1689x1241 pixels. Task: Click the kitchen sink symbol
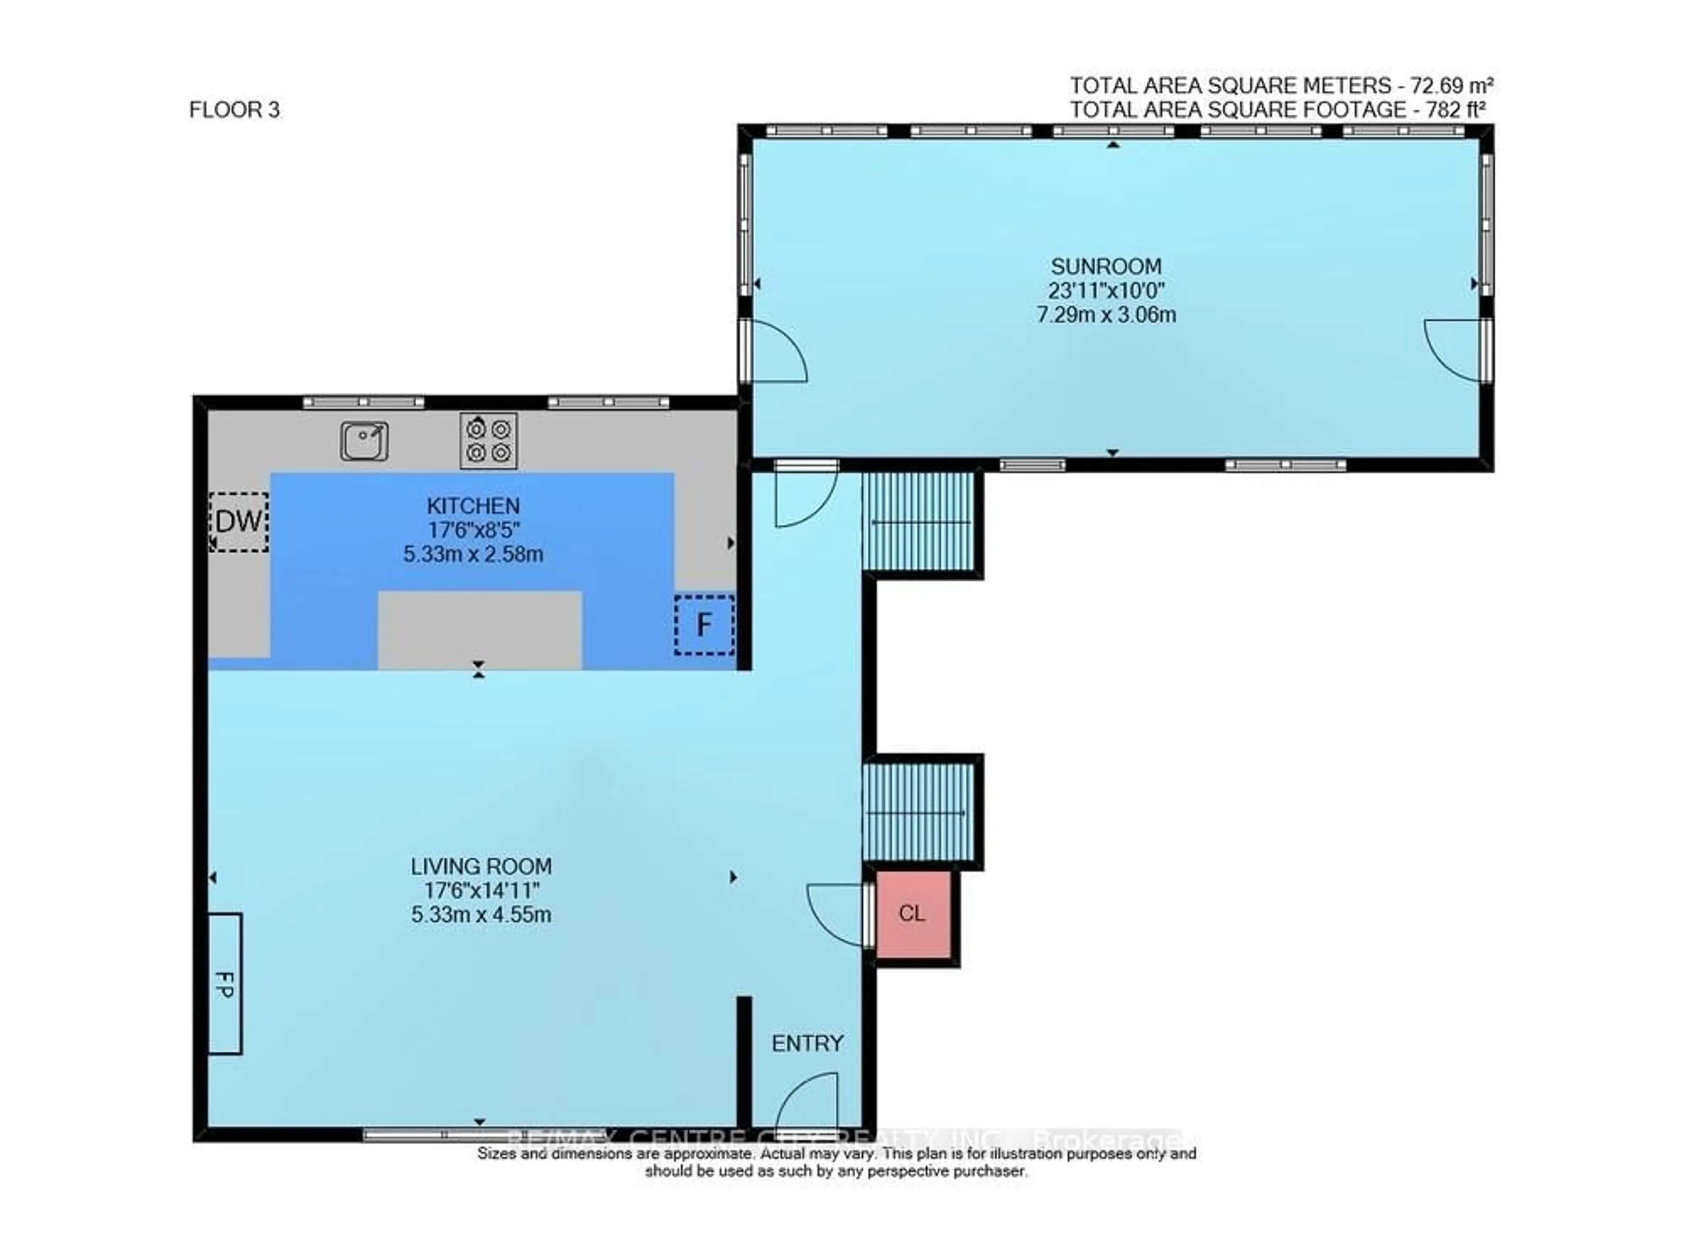point(364,440)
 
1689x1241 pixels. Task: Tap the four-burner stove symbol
point(488,440)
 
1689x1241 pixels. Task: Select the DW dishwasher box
point(239,522)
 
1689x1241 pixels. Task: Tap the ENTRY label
point(807,1044)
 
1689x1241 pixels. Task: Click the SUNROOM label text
point(1106,266)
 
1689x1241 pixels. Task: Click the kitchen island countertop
point(479,629)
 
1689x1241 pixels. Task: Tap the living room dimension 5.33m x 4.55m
point(481,915)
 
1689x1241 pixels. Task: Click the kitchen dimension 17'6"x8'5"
point(473,530)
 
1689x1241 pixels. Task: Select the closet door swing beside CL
point(836,913)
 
